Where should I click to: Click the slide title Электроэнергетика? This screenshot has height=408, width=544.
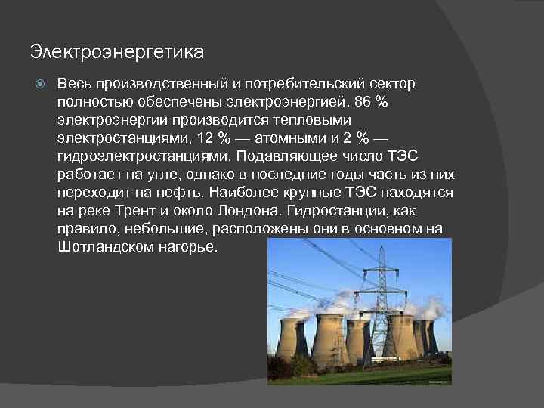point(117,53)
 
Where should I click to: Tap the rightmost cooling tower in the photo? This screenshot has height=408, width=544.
point(428,336)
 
